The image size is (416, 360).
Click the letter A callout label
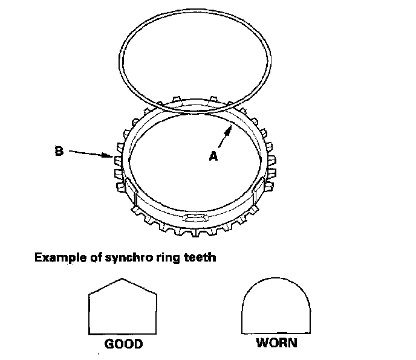(213, 156)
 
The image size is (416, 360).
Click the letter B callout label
(59, 152)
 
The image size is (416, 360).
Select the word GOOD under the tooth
(123, 344)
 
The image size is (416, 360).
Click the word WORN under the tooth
(276, 344)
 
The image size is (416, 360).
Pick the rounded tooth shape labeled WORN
(277, 307)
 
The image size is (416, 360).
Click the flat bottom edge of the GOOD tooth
(123, 333)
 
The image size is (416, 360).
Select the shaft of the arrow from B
(88, 154)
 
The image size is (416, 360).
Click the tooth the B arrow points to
(117, 159)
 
